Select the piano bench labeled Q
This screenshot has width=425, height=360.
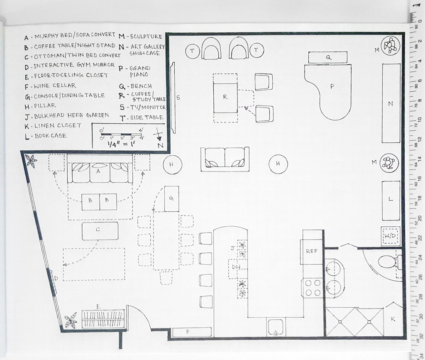pyautogui.click(x=328, y=57)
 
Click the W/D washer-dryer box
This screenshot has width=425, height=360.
pyautogui.click(x=390, y=236)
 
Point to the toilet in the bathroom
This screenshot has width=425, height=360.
pyautogui.click(x=388, y=263)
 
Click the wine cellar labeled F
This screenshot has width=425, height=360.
pyautogui.click(x=192, y=332)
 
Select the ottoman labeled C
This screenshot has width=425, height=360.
pyautogui.click(x=100, y=231)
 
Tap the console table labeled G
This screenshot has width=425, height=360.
pyautogui.click(x=171, y=199)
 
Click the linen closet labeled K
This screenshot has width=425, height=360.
pyautogui.click(x=393, y=320)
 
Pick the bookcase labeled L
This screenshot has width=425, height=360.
pyautogui.click(x=391, y=201)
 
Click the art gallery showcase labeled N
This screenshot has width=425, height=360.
pyautogui.click(x=391, y=103)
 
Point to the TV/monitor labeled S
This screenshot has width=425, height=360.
pyautogui.click(x=173, y=98)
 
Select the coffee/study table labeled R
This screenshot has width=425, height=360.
pyautogui.click(x=225, y=98)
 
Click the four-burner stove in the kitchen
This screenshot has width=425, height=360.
pyautogui.click(x=313, y=288)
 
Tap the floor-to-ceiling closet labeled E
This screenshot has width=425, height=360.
pyautogui.click(x=103, y=319)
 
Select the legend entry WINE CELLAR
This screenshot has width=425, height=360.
pyautogui.click(x=54, y=86)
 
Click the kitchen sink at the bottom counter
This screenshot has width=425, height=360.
pyautogui.click(x=276, y=327)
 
